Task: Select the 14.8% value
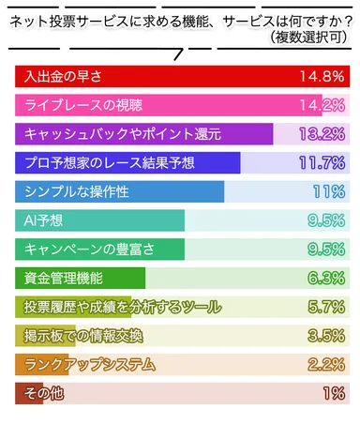coord(322,76)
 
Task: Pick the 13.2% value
coord(322,134)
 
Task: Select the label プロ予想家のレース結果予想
coord(110,163)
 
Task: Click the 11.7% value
coord(322,163)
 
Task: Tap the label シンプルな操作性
coord(78,192)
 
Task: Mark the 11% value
coord(329,192)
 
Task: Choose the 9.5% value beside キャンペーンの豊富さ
coord(326,250)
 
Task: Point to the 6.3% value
coord(326,279)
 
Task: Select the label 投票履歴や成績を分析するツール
coord(123,308)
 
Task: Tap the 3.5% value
coord(326,336)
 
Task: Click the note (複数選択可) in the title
coord(305,37)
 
